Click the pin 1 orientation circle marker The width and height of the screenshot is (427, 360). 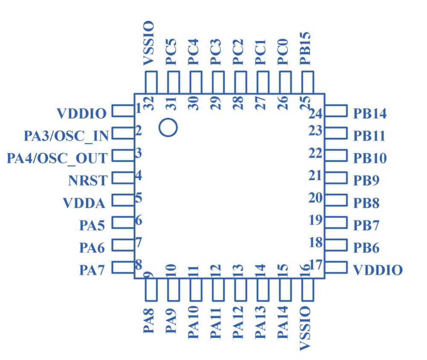(168, 127)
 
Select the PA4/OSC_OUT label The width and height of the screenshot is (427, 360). (57, 158)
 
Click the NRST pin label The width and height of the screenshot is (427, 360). (88, 180)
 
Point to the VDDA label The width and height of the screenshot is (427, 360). (84, 203)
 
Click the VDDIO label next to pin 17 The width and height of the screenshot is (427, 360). (378, 270)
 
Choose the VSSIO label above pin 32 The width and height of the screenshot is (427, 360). (149, 44)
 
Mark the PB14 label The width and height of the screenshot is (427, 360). (370, 114)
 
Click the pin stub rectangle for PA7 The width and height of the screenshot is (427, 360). (123, 267)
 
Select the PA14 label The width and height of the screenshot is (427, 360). (283, 324)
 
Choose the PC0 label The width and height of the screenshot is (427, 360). (283, 52)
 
